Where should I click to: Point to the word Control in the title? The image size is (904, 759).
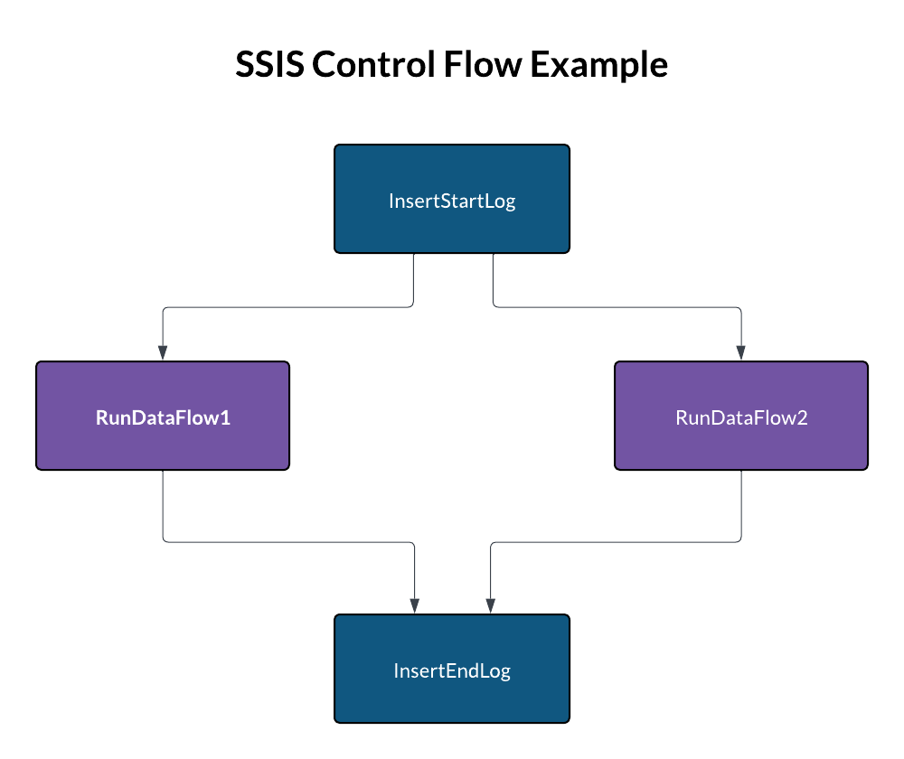coord(373,66)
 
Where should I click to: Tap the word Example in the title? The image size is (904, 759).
coord(598,66)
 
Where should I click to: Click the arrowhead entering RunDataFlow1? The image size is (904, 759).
coord(163,353)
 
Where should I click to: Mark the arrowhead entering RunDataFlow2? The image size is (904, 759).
coord(741,353)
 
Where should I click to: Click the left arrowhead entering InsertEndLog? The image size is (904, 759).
coord(414,606)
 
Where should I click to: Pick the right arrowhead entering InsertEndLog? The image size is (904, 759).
coord(490,606)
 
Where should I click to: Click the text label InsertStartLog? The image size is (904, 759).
coord(452,201)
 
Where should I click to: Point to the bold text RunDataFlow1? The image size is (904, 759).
coord(163,417)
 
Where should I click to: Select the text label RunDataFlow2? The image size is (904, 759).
coord(741,417)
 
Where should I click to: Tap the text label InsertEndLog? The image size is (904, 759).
coord(452,670)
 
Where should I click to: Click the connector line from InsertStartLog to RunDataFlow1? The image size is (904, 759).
coord(289,307)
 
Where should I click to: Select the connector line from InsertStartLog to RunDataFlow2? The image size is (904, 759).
coord(615,307)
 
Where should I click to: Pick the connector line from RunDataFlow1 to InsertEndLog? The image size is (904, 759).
coord(289,542)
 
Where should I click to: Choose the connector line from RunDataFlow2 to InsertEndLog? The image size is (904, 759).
coord(615,542)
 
